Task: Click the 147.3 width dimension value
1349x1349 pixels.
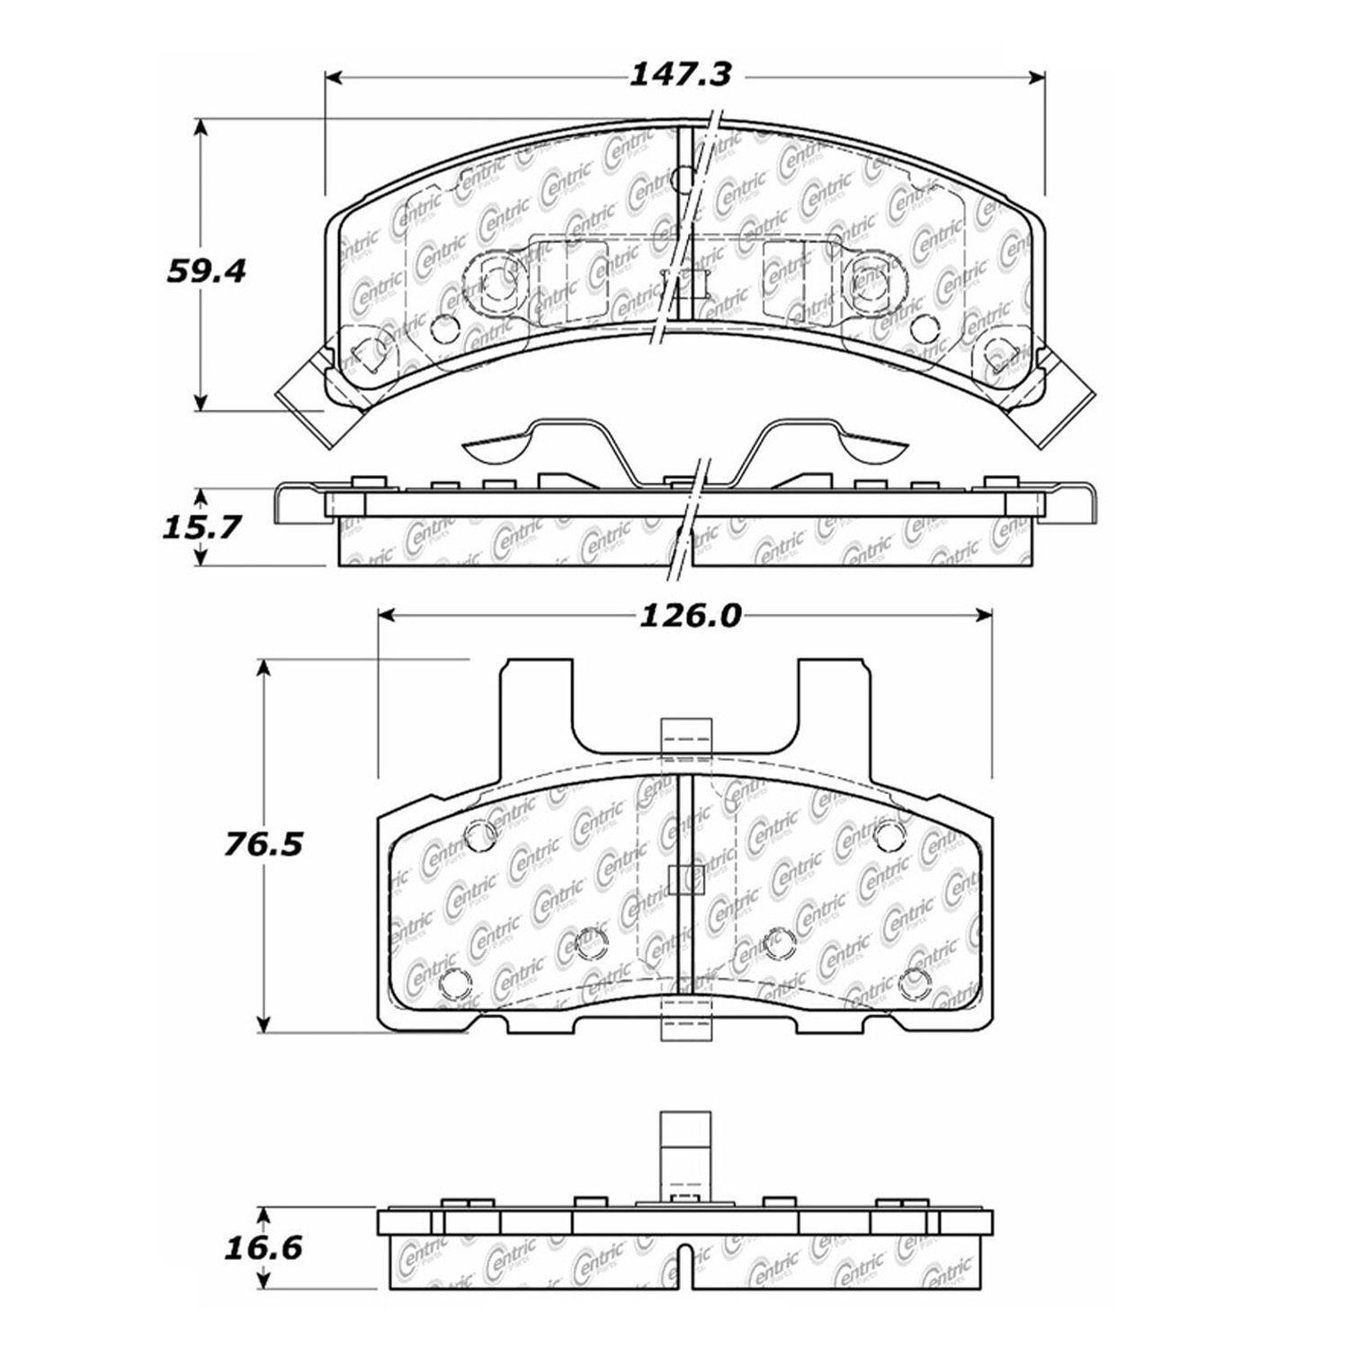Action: coord(679,74)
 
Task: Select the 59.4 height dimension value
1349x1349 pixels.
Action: coord(206,271)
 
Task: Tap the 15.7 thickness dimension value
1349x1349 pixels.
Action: coord(201,526)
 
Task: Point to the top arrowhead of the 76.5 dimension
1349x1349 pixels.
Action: coord(264,670)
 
